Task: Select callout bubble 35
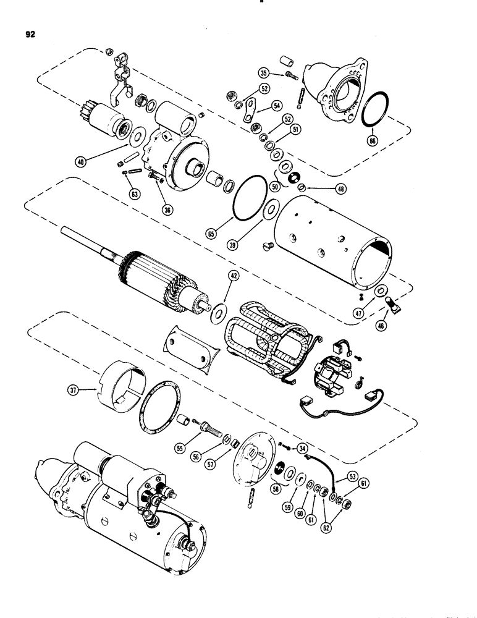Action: (263, 72)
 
